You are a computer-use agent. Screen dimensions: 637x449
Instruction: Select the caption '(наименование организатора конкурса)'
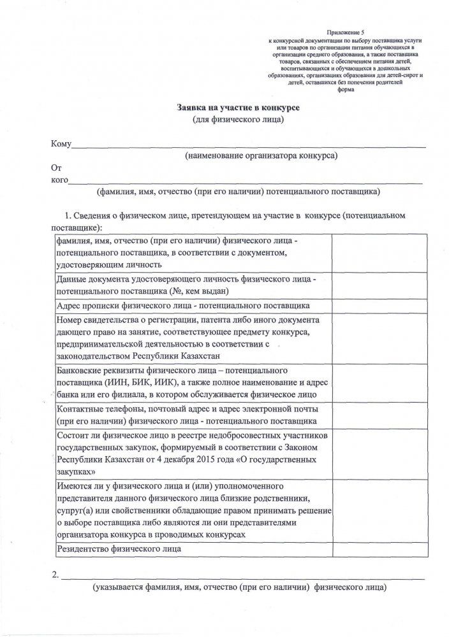[261, 155]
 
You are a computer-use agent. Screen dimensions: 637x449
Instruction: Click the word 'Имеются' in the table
[75, 486]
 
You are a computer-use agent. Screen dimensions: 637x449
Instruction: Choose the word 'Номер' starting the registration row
[70, 319]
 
